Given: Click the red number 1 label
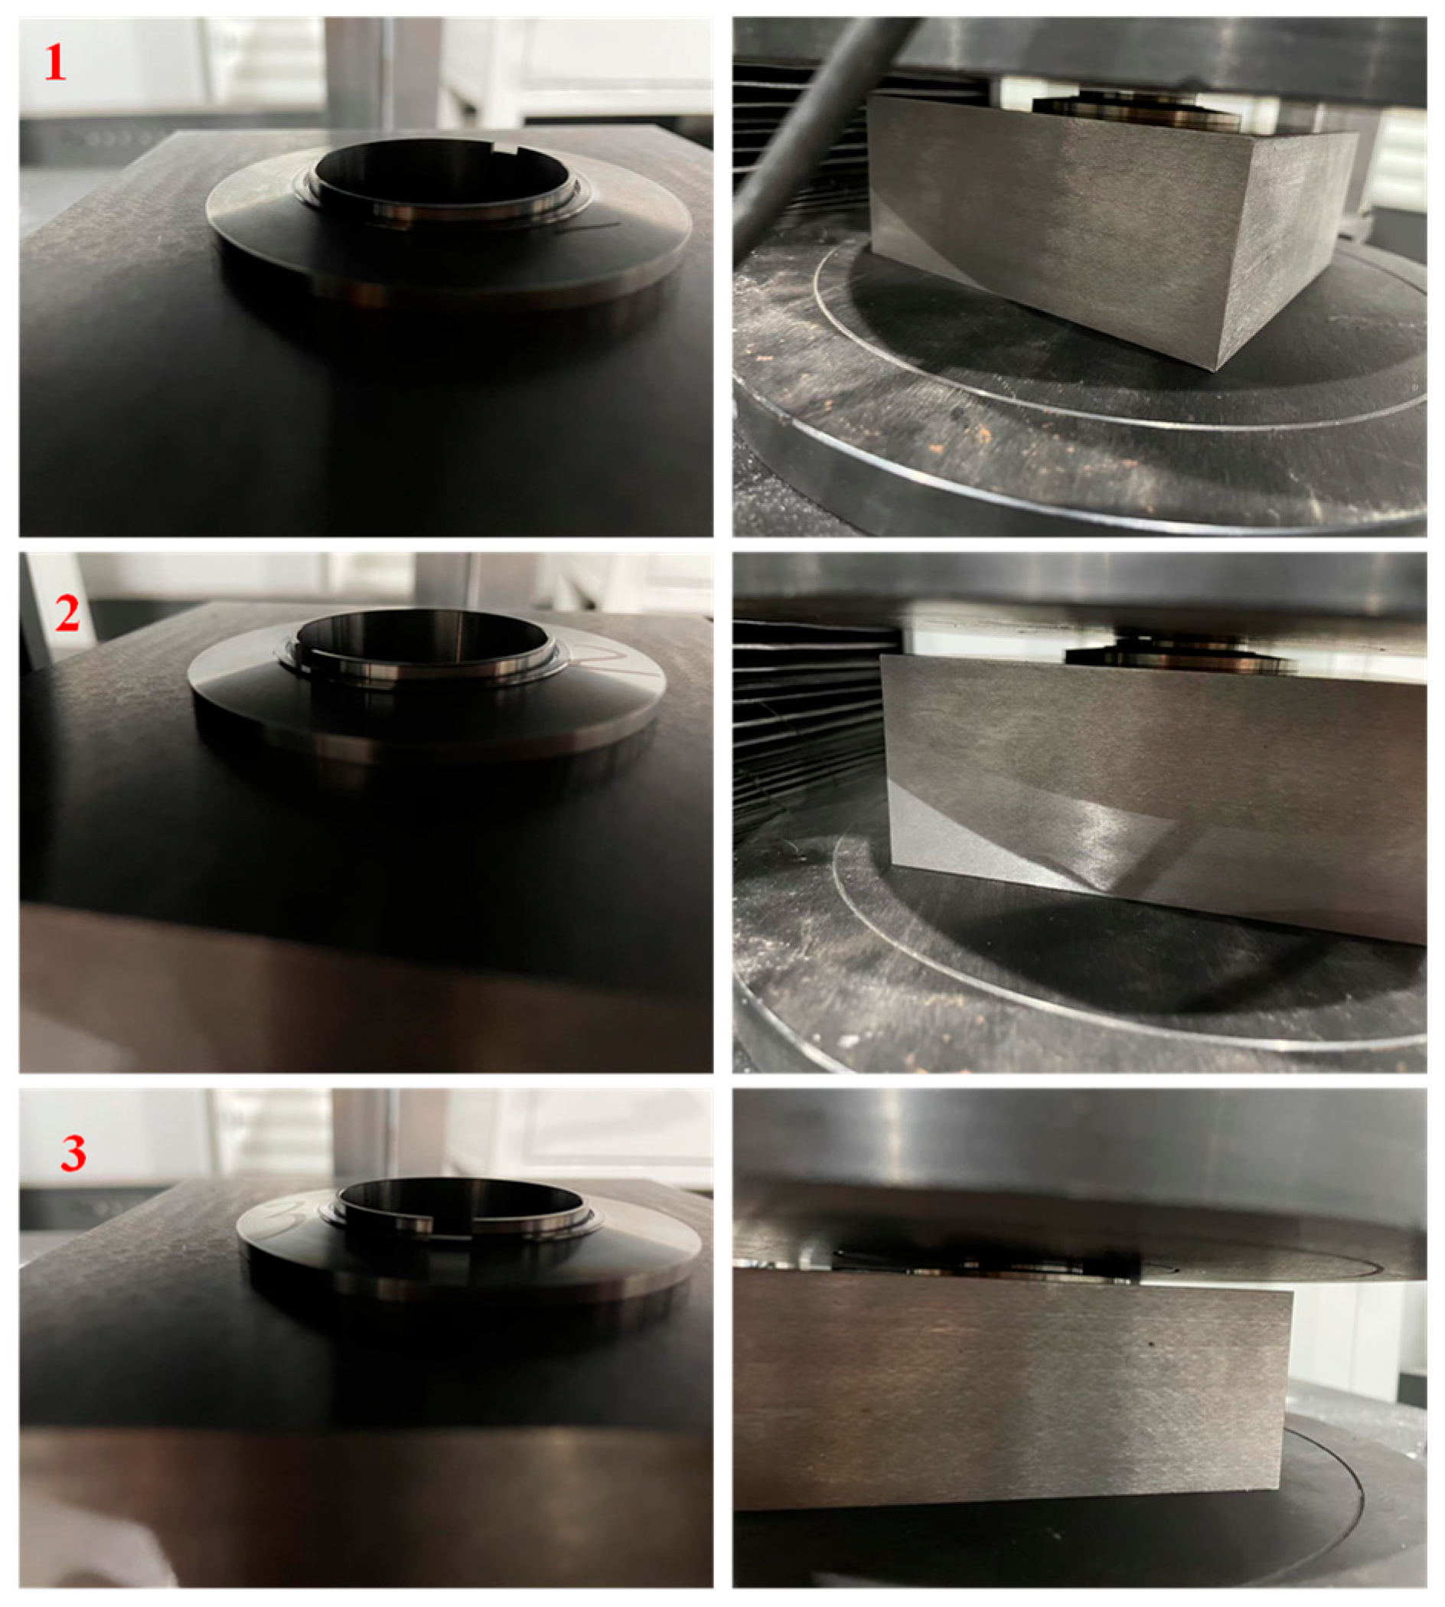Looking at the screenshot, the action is click(55, 63).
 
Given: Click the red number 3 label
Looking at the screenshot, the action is click(73, 1151).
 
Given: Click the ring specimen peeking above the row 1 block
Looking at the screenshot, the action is click(1135, 111).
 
